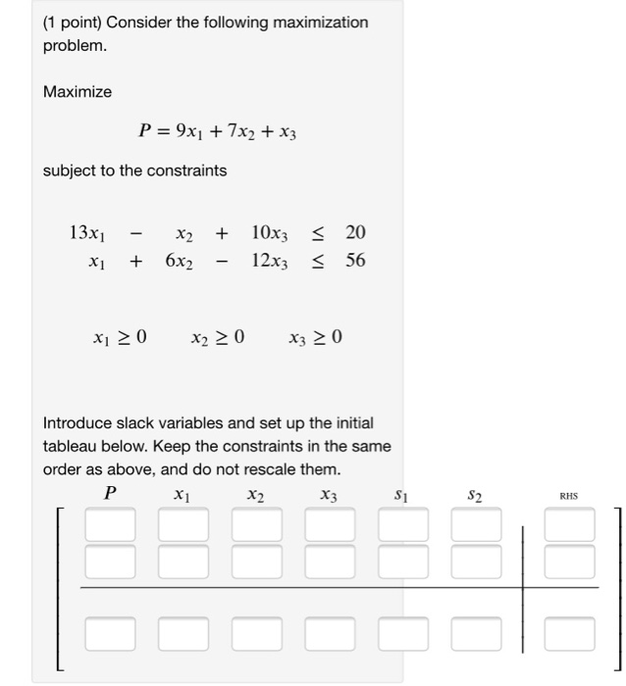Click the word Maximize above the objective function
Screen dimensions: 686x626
coord(78,91)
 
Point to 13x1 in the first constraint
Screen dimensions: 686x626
coord(86,233)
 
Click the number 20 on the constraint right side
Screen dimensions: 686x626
coord(355,233)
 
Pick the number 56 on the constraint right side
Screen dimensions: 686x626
coord(355,261)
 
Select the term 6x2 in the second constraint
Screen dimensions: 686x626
coord(179,261)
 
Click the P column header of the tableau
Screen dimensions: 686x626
coord(110,495)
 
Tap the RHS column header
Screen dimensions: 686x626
coord(569,496)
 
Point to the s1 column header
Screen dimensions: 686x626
coord(400,496)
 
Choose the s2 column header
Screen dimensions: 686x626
coord(474,496)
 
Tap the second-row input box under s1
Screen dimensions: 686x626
coord(402,561)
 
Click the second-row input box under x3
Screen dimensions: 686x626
coord(329,561)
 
